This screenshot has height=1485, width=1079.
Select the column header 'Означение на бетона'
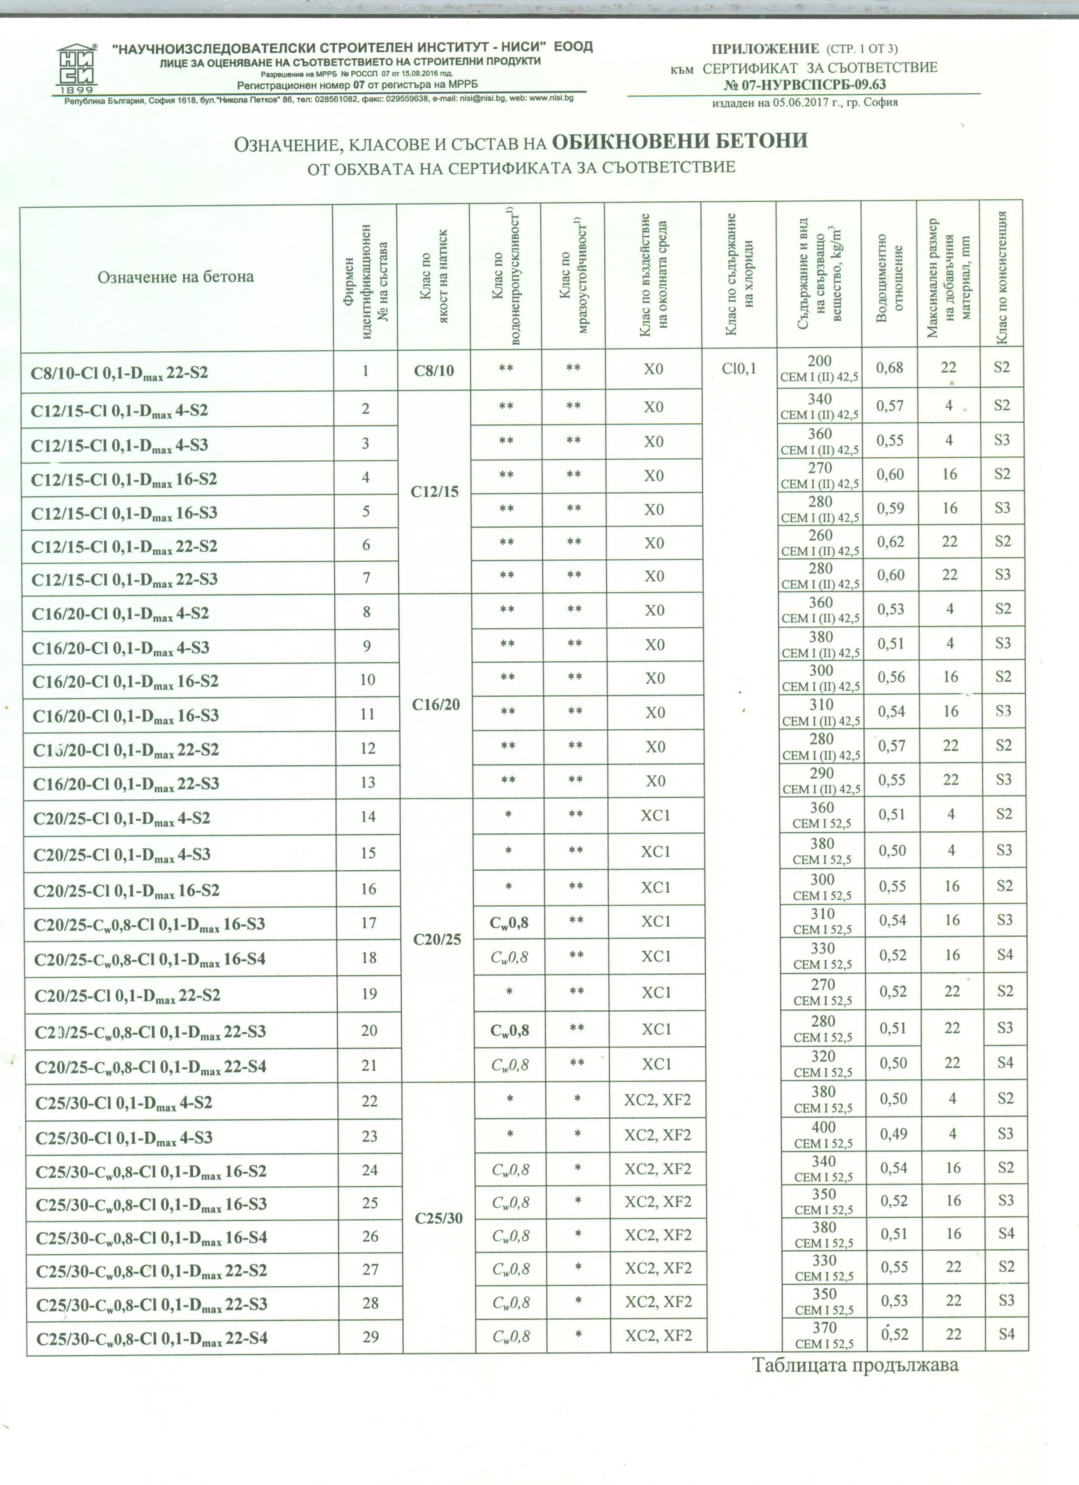click(x=176, y=277)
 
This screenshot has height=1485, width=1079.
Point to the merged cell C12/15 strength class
click(x=435, y=492)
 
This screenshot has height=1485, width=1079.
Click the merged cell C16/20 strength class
click(x=436, y=704)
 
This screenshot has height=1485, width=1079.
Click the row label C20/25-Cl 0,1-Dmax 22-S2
click(x=127, y=996)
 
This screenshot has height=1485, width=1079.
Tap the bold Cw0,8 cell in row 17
click(x=509, y=923)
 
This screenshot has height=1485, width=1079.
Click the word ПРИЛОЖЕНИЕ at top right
click(x=765, y=49)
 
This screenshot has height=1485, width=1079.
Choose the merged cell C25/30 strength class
click(x=439, y=1218)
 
